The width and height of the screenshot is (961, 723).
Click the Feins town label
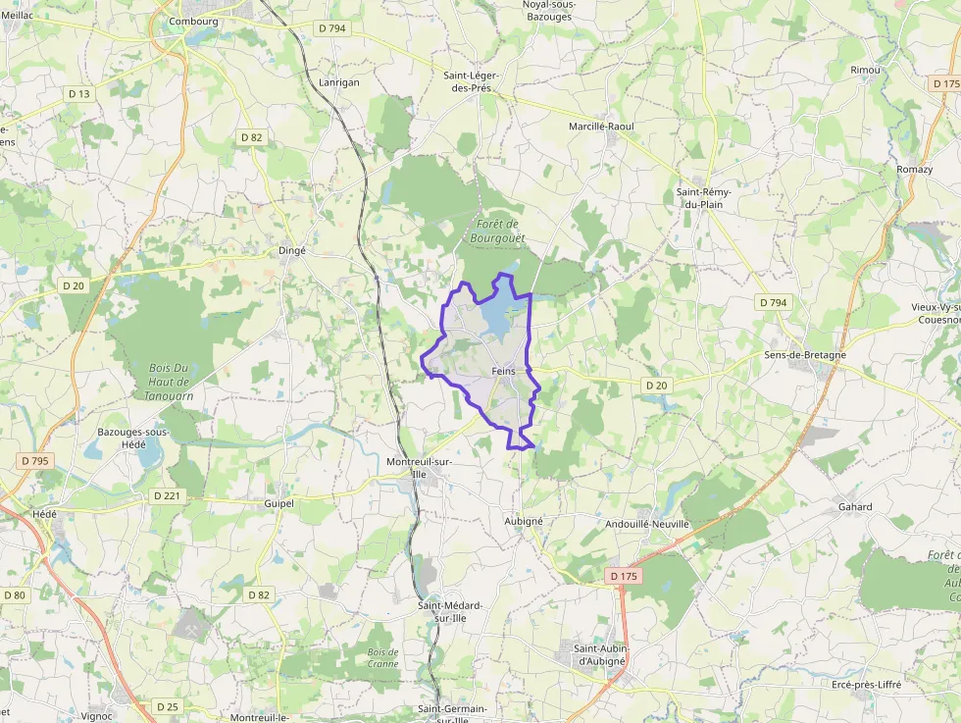coord(504,371)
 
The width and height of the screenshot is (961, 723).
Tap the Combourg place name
coord(193,21)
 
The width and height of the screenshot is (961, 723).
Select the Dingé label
coord(292,250)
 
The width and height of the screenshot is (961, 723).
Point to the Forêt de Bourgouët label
coord(497,231)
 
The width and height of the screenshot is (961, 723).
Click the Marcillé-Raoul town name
coord(601,127)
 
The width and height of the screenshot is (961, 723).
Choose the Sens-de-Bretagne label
coord(805,354)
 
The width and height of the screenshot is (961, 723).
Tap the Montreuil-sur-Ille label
coord(420,467)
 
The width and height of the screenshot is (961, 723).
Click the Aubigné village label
coord(524,521)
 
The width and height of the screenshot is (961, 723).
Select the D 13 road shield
coord(79,94)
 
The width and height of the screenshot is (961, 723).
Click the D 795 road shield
coord(33,460)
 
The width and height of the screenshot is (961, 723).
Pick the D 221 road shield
coord(168,496)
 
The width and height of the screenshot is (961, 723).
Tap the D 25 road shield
coord(168,706)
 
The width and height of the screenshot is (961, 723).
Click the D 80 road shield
coord(15,594)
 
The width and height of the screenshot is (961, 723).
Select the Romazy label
coord(914,170)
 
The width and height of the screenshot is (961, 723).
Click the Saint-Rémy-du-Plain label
coord(703,197)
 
